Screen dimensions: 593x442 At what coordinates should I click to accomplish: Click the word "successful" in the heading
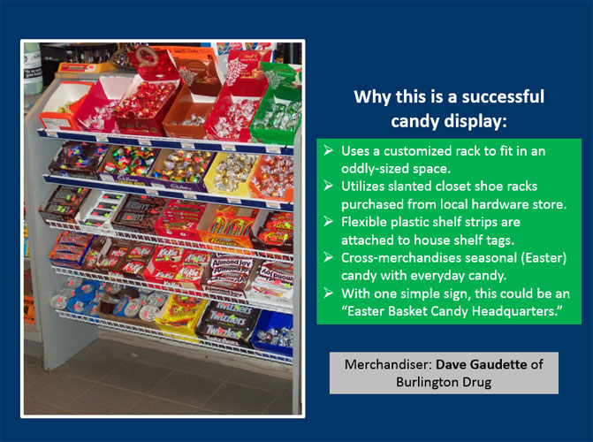503,96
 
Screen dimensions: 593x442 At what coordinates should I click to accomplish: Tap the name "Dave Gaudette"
481,364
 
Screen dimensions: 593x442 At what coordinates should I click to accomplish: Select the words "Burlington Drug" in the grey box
444,382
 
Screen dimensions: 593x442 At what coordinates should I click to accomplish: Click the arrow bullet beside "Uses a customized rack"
328,150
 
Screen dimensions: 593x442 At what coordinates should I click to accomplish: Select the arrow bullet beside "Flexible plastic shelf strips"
328,222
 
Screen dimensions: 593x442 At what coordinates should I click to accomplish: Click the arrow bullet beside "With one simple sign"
328,293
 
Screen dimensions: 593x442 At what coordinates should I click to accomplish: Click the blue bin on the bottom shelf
272,332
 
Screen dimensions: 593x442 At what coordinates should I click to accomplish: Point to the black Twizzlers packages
227,322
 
